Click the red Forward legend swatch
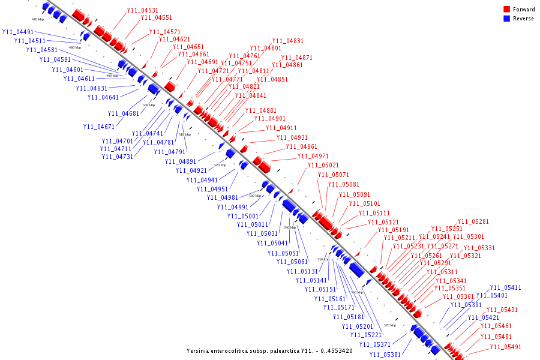click(x=507, y=10)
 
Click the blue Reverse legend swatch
click(x=507, y=19)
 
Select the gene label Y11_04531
click(x=143, y=10)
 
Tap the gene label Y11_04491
click(x=18, y=32)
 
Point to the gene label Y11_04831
click(x=287, y=41)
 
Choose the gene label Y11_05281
click(x=473, y=221)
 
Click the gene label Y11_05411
click(x=506, y=287)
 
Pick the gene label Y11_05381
click(x=385, y=355)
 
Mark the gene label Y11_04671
click(x=99, y=127)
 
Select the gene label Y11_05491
click(x=505, y=347)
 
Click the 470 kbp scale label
click(x=38, y=19)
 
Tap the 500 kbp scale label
click(x=148, y=105)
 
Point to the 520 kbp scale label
click(x=220, y=165)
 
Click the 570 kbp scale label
click(x=390, y=325)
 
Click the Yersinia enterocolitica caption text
click(x=269, y=350)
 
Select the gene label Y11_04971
click(x=313, y=157)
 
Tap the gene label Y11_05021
click(x=323, y=165)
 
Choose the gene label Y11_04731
click(x=118, y=157)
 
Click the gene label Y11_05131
click(x=301, y=271)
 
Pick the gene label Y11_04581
click(x=42, y=50)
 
